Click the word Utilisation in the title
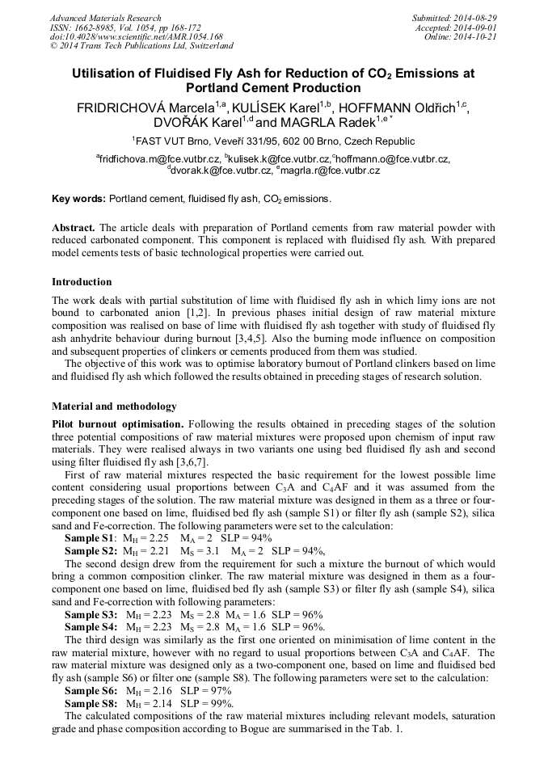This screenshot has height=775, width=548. click(105, 74)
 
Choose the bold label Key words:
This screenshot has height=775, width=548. click(78, 198)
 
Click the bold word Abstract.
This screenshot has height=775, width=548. click(74, 227)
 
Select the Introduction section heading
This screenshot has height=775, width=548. click(82, 282)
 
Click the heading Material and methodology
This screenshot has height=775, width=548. click(114, 406)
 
